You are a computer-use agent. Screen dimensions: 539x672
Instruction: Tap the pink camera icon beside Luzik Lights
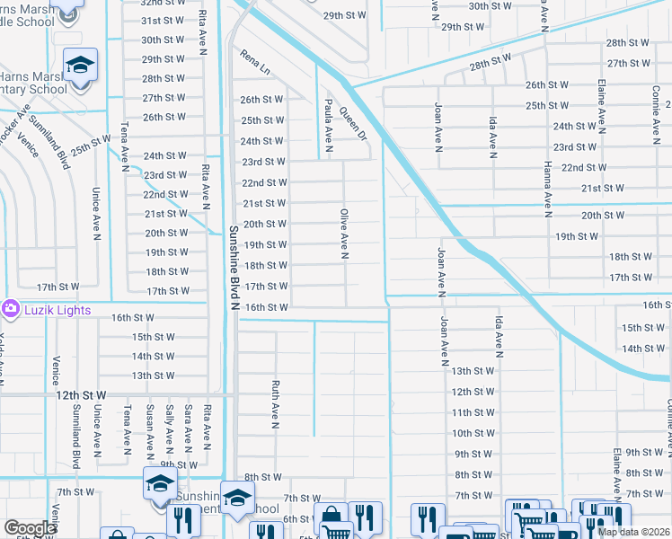(10, 308)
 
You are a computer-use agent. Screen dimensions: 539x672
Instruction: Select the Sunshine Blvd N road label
(233, 268)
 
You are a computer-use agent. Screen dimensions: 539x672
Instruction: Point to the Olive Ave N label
(343, 234)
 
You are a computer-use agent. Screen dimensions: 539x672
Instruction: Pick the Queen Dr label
(354, 124)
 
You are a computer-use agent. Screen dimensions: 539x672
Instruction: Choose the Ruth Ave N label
(276, 400)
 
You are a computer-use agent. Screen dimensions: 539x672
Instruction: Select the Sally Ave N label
(168, 427)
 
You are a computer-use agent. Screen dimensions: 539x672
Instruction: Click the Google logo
(30, 528)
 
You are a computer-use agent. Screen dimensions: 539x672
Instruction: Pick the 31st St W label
(163, 20)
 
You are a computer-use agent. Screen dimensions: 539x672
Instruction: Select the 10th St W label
(473, 433)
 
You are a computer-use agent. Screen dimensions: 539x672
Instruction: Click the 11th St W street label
(473, 412)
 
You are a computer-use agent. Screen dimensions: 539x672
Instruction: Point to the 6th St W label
(296, 519)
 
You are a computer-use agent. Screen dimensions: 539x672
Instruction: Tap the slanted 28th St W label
(490, 63)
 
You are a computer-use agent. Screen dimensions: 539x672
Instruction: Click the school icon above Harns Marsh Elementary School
(80, 65)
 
